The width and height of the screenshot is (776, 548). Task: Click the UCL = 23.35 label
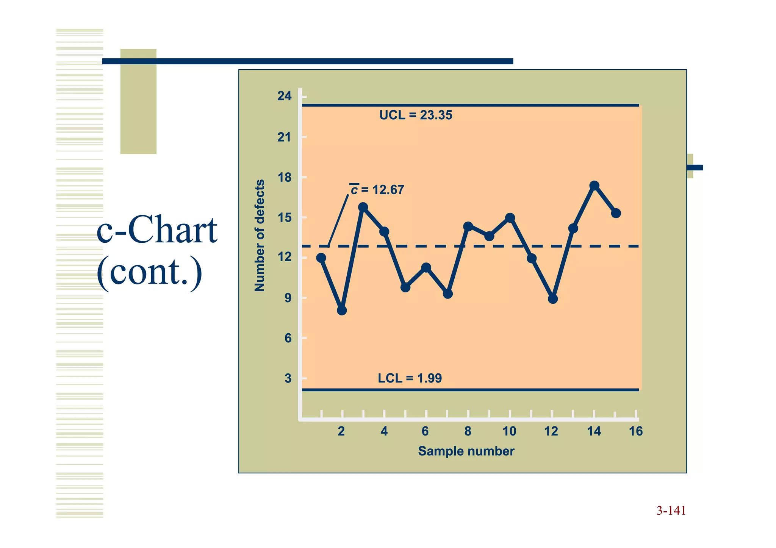[x=416, y=115]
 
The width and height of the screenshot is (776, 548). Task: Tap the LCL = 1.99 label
[x=410, y=378]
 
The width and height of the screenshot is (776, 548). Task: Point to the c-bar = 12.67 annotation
[x=377, y=189]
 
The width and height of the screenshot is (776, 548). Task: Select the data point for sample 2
[x=342, y=311]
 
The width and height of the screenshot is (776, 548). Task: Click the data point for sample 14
[x=595, y=186]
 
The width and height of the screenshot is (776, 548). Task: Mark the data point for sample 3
[x=363, y=207]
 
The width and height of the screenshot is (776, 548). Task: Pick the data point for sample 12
[x=553, y=299]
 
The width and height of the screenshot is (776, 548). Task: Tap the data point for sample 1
[x=321, y=258]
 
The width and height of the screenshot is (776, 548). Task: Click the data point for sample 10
[x=510, y=218]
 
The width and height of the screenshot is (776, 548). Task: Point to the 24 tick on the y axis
[x=284, y=96]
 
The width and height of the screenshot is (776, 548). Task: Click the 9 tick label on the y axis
[x=288, y=298]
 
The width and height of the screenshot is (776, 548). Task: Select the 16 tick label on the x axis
[x=636, y=431]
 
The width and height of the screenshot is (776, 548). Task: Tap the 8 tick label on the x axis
[x=468, y=431]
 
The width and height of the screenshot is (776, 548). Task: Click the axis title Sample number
[x=466, y=451]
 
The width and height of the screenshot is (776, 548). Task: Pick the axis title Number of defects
[x=260, y=235]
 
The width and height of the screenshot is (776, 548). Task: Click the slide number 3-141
[x=671, y=511]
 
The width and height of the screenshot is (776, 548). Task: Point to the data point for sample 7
[x=448, y=294]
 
